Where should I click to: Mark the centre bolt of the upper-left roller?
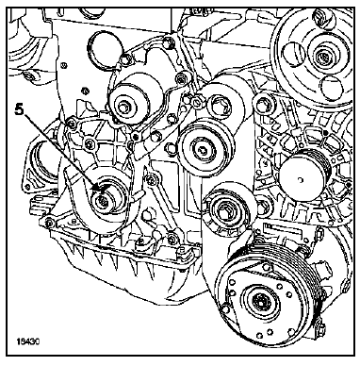(133, 101)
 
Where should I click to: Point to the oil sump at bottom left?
(104, 274)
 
